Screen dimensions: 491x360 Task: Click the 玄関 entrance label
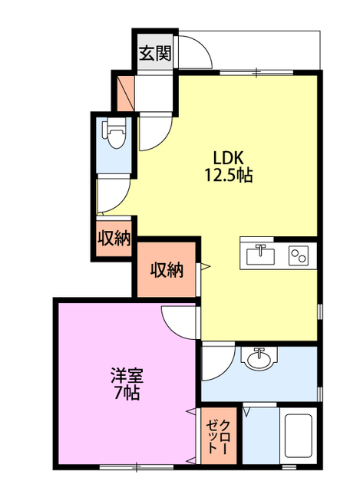pos(155,53)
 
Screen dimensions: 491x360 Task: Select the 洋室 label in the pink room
pos(124,377)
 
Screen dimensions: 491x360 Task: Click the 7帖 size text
pos(124,395)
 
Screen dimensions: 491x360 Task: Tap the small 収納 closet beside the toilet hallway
pos(114,239)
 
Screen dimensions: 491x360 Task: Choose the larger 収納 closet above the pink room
pos(167,270)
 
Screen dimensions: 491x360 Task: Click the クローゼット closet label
pos(220,437)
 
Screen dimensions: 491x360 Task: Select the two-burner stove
pos(299,255)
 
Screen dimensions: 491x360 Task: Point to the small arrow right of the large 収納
pos(205,268)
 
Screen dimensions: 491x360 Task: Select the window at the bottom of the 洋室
pos(135,466)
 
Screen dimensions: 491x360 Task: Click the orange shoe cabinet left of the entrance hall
pos(124,91)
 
